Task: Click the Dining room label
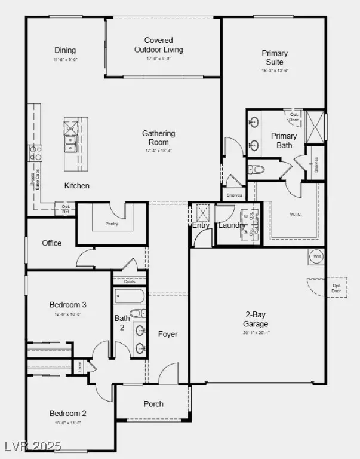point(65,50)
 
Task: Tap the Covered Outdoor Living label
point(158,45)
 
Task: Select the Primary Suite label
point(275,57)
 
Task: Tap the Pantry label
point(112,224)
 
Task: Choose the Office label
point(52,243)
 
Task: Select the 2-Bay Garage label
point(256,319)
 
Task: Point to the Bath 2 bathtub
point(129,296)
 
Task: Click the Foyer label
point(168,335)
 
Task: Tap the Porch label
point(153,404)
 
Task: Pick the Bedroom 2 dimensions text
point(68,423)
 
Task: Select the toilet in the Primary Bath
point(258,170)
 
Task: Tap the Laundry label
point(232,225)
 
